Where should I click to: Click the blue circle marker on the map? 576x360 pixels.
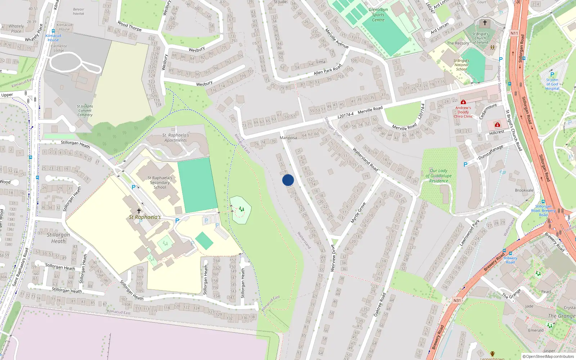pyautogui.click(x=288, y=180)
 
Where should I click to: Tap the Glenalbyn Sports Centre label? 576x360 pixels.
pyautogui.click(x=378, y=15)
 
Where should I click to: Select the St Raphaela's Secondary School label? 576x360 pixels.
pyautogui.click(x=160, y=183)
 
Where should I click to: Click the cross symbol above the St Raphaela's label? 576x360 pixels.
pyautogui.click(x=139, y=211)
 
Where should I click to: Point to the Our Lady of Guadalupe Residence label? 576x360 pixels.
pyautogui.click(x=438, y=176)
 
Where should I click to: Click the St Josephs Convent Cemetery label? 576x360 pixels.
pyautogui.click(x=85, y=111)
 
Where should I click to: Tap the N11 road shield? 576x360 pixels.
pyautogui.click(x=514, y=33)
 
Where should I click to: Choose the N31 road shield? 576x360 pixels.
pyautogui.click(x=457, y=300)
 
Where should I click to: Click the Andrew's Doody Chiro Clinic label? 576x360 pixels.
pyautogui.click(x=463, y=112)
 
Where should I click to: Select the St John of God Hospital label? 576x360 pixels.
pyautogui.click(x=552, y=84)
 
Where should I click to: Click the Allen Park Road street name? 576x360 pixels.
pyautogui.click(x=327, y=70)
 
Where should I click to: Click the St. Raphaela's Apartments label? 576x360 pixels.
pyautogui.click(x=176, y=138)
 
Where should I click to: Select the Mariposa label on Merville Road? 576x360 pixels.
pyautogui.click(x=288, y=138)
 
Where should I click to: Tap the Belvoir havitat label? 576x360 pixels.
pyautogui.click(x=78, y=12)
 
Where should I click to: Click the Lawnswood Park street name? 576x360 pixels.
pyautogui.click(x=469, y=233)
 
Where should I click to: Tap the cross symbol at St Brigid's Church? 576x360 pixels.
pyautogui.click(x=485, y=23)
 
